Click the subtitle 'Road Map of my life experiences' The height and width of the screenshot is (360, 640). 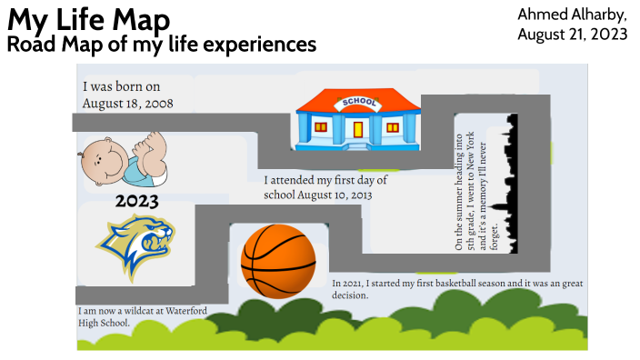(x=162, y=44)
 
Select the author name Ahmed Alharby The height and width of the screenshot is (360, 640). (x=572, y=15)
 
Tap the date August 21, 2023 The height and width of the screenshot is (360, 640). (x=572, y=35)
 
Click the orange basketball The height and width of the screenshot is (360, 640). (x=278, y=261)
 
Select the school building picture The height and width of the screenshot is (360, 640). (x=358, y=118)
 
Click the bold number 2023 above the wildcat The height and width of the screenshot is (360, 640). (x=136, y=201)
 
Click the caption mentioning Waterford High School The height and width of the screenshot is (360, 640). (x=142, y=316)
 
